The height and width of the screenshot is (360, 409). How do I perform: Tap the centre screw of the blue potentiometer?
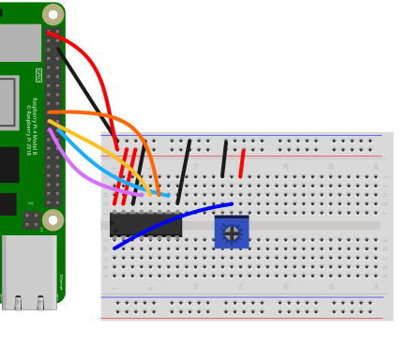tap(232, 233)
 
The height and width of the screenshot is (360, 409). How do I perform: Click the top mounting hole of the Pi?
tap(53, 14)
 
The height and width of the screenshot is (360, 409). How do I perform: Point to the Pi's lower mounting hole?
tap(53, 220)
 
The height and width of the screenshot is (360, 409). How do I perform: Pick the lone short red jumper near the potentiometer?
tap(242, 162)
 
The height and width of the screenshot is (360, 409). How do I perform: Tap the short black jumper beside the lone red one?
tap(223, 158)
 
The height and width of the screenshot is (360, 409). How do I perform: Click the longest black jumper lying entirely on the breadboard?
tap(184, 172)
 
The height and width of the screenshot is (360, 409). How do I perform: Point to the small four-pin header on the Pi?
tap(32, 220)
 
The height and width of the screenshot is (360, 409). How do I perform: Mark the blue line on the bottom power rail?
tap(244, 296)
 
